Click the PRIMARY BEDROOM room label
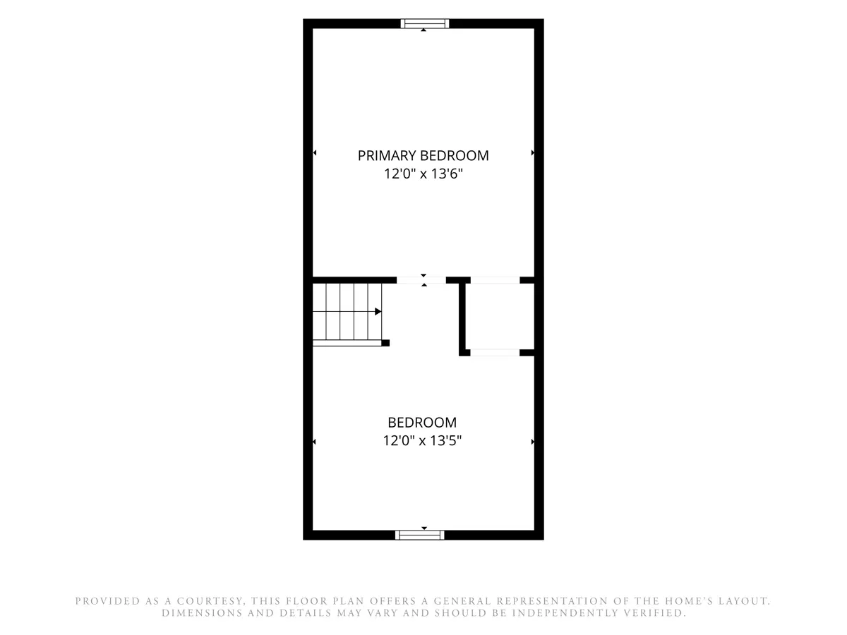[x=423, y=155]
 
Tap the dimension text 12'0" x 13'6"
[x=423, y=174]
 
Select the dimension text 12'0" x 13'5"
[x=422, y=440]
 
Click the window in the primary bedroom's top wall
[x=424, y=23]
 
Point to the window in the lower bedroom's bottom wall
[x=419, y=535]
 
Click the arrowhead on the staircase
[x=378, y=311]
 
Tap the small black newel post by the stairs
[x=385, y=343]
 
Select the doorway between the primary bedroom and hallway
[x=421, y=280]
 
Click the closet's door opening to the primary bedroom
[x=495, y=280]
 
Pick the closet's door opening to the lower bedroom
[x=495, y=352]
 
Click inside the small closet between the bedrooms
[x=500, y=316]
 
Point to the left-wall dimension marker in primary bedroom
[x=315, y=152]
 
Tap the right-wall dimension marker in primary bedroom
[x=532, y=152]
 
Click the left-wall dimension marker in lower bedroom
[x=314, y=442]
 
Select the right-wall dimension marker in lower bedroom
[x=532, y=442]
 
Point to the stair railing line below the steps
[x=347, y=343]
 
